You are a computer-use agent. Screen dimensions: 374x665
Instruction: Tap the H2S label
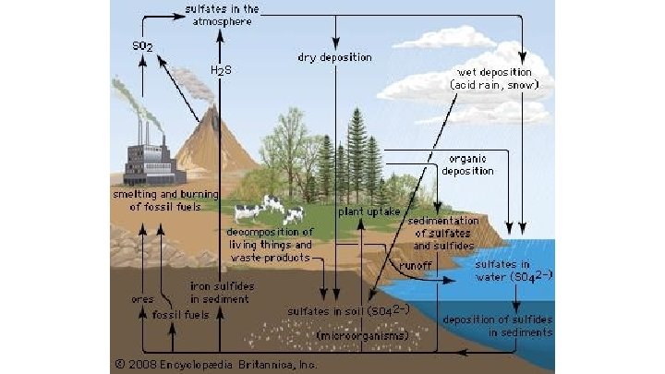(220, 70)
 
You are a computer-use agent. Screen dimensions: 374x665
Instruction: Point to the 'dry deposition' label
(334, 57)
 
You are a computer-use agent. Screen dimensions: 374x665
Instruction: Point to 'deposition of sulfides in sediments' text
(498, 326)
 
